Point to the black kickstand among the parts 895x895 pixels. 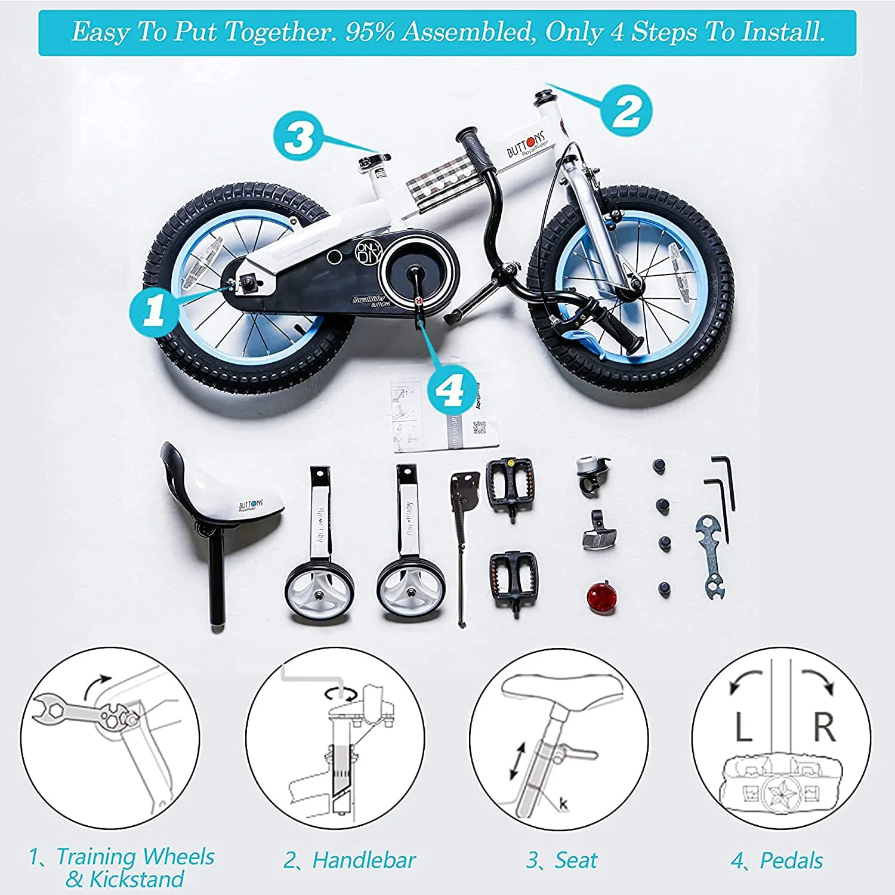pos(463,537)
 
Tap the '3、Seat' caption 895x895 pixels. pos(561,860)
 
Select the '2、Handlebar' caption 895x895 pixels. pos(350,860)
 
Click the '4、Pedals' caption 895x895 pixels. pos(777,860)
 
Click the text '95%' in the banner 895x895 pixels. pos(370,32)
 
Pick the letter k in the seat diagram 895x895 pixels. pos(564,804)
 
